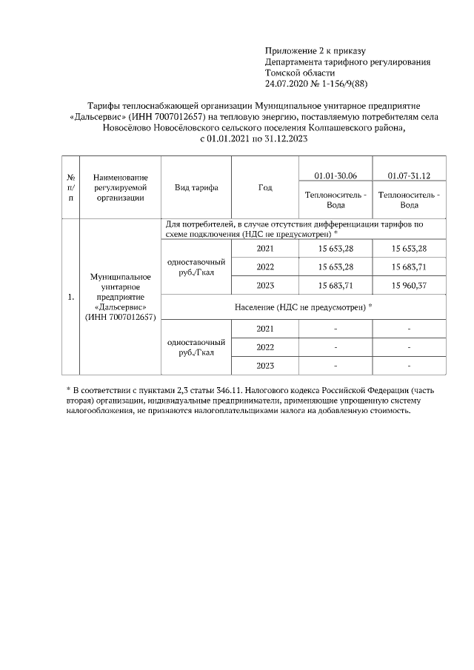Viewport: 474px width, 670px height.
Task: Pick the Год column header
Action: coord(265,187)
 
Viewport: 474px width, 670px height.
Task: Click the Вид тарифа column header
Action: coord(196,187)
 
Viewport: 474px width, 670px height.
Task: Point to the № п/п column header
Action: coord(70,187)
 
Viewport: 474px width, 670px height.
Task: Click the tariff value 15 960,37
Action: coord(409,285)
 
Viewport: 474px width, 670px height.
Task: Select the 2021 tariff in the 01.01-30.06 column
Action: coord(336,247)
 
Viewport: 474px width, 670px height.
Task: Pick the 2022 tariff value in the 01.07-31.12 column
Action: coord(409,267)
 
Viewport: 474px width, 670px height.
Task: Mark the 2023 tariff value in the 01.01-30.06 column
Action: coord(336,285)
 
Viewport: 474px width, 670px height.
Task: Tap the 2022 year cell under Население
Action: coord(265,346)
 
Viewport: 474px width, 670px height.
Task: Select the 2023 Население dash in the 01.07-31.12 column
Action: coord(409,366)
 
